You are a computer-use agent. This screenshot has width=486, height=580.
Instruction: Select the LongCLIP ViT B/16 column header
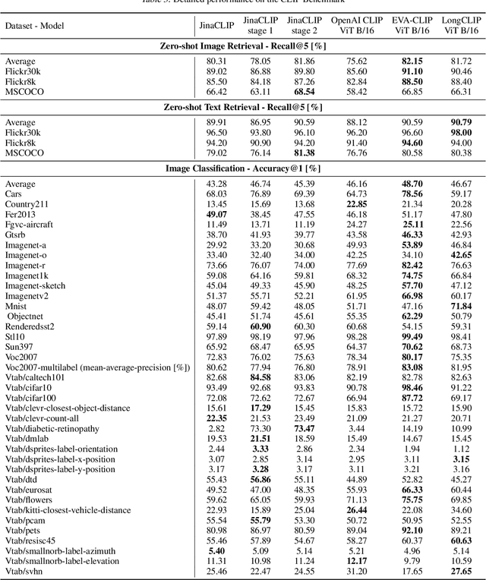[460, 25]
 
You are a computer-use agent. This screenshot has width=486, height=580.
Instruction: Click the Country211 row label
[25, 203]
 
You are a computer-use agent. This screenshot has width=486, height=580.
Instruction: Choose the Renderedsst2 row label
[30, 326]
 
